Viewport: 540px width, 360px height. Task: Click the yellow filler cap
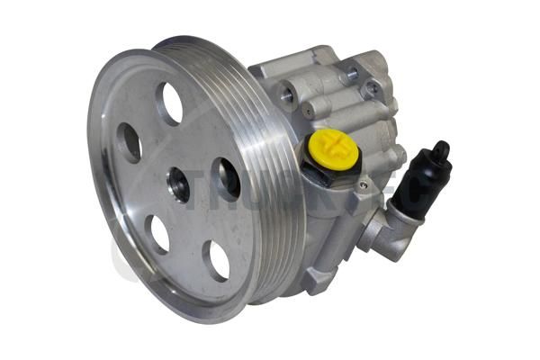333,148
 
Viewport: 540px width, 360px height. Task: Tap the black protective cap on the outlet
422,180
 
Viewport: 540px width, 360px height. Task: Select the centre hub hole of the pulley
178,184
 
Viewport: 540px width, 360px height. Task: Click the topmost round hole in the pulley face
168,103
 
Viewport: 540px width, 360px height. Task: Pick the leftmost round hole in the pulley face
129,141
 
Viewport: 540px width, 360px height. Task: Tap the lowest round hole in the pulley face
217,260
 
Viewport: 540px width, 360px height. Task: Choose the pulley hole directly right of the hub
226,177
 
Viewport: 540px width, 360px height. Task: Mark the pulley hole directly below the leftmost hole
157,233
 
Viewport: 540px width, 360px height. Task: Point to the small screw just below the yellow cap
362,187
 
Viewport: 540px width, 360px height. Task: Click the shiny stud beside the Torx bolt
351,72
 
